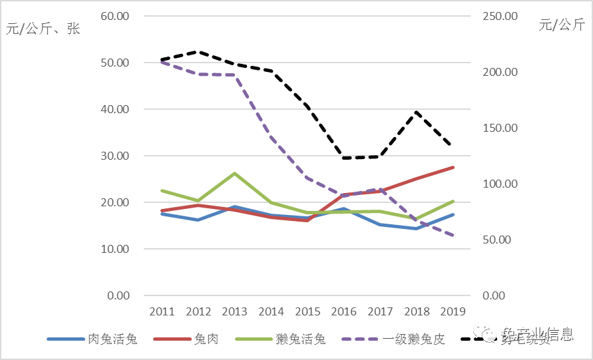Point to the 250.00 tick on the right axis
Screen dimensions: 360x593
pos(499,16)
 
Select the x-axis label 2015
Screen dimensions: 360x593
pos(307,311)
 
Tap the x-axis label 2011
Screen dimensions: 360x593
pos(162,311)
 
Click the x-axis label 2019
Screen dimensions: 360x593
pos(453,311)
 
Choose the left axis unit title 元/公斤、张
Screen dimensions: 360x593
pos(43,29)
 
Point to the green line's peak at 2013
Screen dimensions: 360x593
pos(234,173)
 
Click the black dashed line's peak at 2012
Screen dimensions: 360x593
pos(198,51)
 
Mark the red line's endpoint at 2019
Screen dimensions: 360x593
pos(453,168)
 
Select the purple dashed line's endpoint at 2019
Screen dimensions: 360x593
pos(453,236)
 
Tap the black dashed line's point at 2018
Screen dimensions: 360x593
pos(416,112)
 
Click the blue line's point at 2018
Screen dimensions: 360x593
pos(416,228)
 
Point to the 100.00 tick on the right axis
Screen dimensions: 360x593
pos(499,184)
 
